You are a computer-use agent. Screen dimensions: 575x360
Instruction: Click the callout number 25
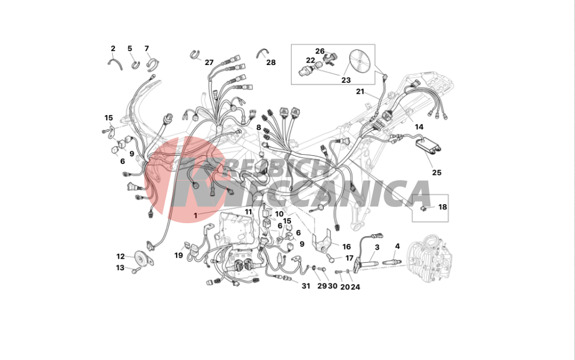pyautogui.click(x=436, y=173)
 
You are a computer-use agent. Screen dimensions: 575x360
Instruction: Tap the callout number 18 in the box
pyautogui.click(x=443, y=207)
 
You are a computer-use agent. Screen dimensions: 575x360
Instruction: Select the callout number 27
pyautogui.click(x=209, y=62)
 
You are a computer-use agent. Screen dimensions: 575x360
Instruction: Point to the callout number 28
pyautogui.click(x=271, y=62)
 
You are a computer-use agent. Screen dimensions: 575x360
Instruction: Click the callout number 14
pyautogui.click(x=419, y=127)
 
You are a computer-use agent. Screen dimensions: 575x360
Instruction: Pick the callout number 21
pyautogui.click(x=360, y=91)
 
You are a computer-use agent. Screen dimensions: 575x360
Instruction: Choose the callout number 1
pyautogui.click(x=195, y=216)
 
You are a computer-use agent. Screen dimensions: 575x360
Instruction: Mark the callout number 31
pyautogui.click(x=306, y=286)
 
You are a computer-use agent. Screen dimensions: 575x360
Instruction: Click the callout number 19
pyautogui.click(x=179, y=255)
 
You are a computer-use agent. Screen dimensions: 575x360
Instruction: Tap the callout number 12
pyautogui.click(x=121, y=256)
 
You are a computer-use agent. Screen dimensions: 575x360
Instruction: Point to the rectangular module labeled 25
pyautogui.click(x=428, y=144)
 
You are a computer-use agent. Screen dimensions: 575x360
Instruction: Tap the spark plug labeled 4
pyautogui.click(x=394, y=262)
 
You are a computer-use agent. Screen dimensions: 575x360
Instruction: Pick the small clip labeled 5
pyautogui.click(x=136, y=65)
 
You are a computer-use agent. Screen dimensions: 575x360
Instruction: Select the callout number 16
pyautogui.click(x=346, y=247)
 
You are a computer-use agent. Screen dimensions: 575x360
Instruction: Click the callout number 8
pyautogui.click(x=259, y=128)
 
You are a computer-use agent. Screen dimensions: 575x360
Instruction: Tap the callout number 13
pyautogui.click(x=120, y=268)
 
